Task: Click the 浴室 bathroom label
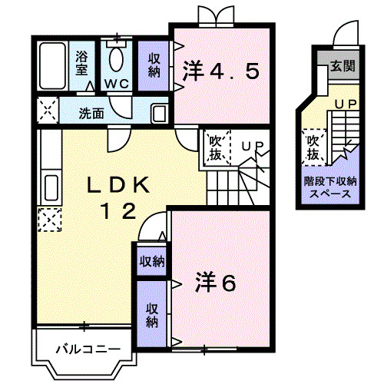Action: [x=81, y=62]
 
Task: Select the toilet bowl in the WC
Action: [x=117, y=58]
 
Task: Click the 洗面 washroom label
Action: [x=91, y=113]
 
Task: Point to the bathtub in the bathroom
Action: [x=53, y=65]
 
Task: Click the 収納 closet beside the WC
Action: [x=154, y=65]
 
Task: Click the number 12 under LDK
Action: [x=120, y=209]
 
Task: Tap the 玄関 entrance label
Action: [x=343, y=67]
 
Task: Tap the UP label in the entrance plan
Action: [x=344, y=102]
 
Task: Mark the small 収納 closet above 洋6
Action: [x=151, y=261]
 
